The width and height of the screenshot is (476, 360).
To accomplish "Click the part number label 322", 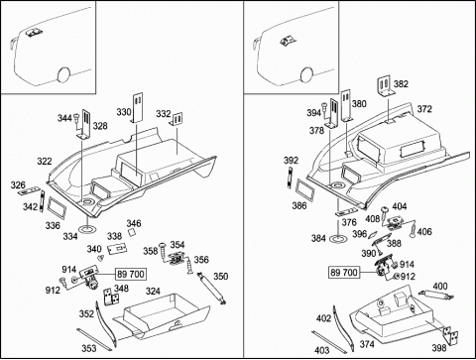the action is [45, 162].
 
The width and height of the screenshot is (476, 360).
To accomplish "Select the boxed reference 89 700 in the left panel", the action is [131, 274].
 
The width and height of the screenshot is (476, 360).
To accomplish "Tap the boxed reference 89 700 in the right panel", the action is [344, 273].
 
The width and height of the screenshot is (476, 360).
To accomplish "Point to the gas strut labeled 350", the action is [211, 288].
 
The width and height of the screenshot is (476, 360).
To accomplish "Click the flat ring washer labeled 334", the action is [87, 229].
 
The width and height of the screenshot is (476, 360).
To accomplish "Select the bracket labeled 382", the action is [386, 86].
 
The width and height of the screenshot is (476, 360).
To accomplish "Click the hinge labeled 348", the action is [111, 298].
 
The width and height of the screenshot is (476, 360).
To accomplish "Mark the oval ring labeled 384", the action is [339, 238].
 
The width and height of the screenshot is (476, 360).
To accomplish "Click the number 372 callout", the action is [424, 109].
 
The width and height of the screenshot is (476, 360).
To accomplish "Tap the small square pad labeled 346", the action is [133, 232].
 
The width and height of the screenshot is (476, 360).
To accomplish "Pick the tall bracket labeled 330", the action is [138, 107].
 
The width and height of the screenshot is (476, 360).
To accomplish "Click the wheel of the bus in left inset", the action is [63, 74].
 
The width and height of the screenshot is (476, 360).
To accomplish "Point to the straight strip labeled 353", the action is [94, 340].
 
